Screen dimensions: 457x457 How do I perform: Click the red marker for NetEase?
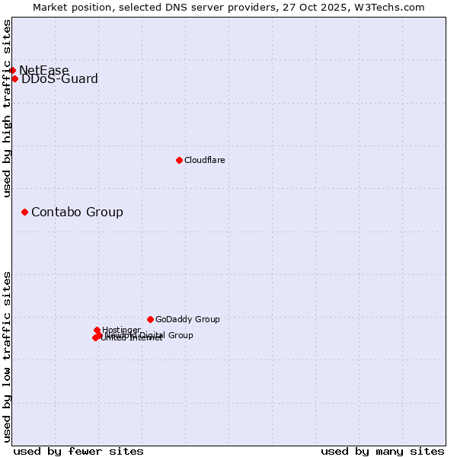[x=12, y=70]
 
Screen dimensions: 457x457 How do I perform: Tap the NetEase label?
[x=44, y=71]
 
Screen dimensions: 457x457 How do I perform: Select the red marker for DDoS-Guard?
[x=15, y=78]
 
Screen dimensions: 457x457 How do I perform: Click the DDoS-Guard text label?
[x=59, y=79]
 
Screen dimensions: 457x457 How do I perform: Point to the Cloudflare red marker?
[x=179, y=160]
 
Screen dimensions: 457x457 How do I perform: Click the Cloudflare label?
[x=204, y=160]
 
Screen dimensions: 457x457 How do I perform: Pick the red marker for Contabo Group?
[x=24, y=212]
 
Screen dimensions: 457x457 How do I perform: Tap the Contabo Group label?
[x=77, y=212]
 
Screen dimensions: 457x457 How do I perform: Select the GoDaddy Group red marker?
[x=150, y=319]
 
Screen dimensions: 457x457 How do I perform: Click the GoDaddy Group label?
[x=187, y=320]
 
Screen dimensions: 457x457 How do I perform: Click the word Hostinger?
[x=121, y=330]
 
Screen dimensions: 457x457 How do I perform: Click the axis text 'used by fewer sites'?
[x=78, y=451]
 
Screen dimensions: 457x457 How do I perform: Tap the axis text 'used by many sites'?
[x=382, y=451]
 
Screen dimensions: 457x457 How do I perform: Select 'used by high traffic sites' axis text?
[x=7, y=108]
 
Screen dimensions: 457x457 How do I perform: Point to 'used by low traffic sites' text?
[x=7, y=356]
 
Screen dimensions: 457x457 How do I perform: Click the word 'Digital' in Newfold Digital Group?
[x=154, y=335]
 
